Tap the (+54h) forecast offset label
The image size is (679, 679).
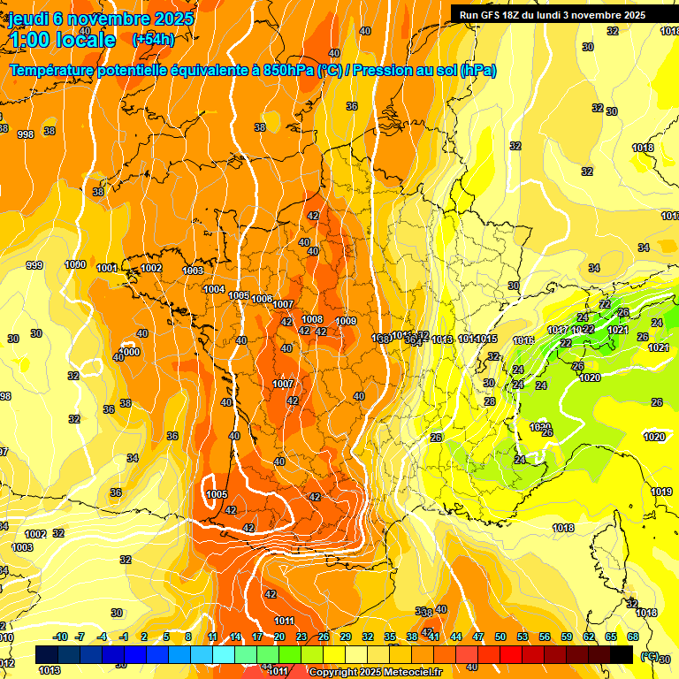153,39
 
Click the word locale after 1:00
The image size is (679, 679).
85,40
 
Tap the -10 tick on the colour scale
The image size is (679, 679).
60,637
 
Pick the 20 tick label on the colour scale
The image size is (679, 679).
279,637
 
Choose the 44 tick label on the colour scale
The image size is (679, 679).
456,637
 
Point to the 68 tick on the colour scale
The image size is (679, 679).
633,637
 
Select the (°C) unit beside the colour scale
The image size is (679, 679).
649,655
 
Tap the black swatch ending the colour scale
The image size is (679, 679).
622,654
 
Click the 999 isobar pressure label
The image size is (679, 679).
34,265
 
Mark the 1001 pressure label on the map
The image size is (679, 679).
107,268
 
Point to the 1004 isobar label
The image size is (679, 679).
214,289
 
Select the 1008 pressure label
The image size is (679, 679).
312,319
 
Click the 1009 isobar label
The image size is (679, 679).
346,321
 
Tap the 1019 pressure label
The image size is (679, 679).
661,492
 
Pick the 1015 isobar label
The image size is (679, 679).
488,339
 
